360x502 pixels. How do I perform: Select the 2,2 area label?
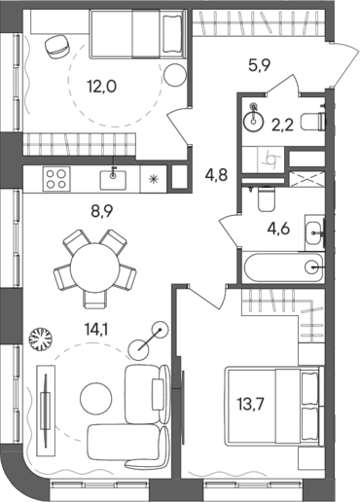point(283,123)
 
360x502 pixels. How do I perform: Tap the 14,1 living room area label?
point(97,330)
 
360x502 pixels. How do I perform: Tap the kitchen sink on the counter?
point(115,178)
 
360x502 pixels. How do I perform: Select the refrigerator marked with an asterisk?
point(154,179)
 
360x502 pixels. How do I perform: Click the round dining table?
point(95,264)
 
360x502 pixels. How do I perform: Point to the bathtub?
point(283,265)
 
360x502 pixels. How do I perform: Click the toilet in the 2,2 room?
point(311,121)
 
